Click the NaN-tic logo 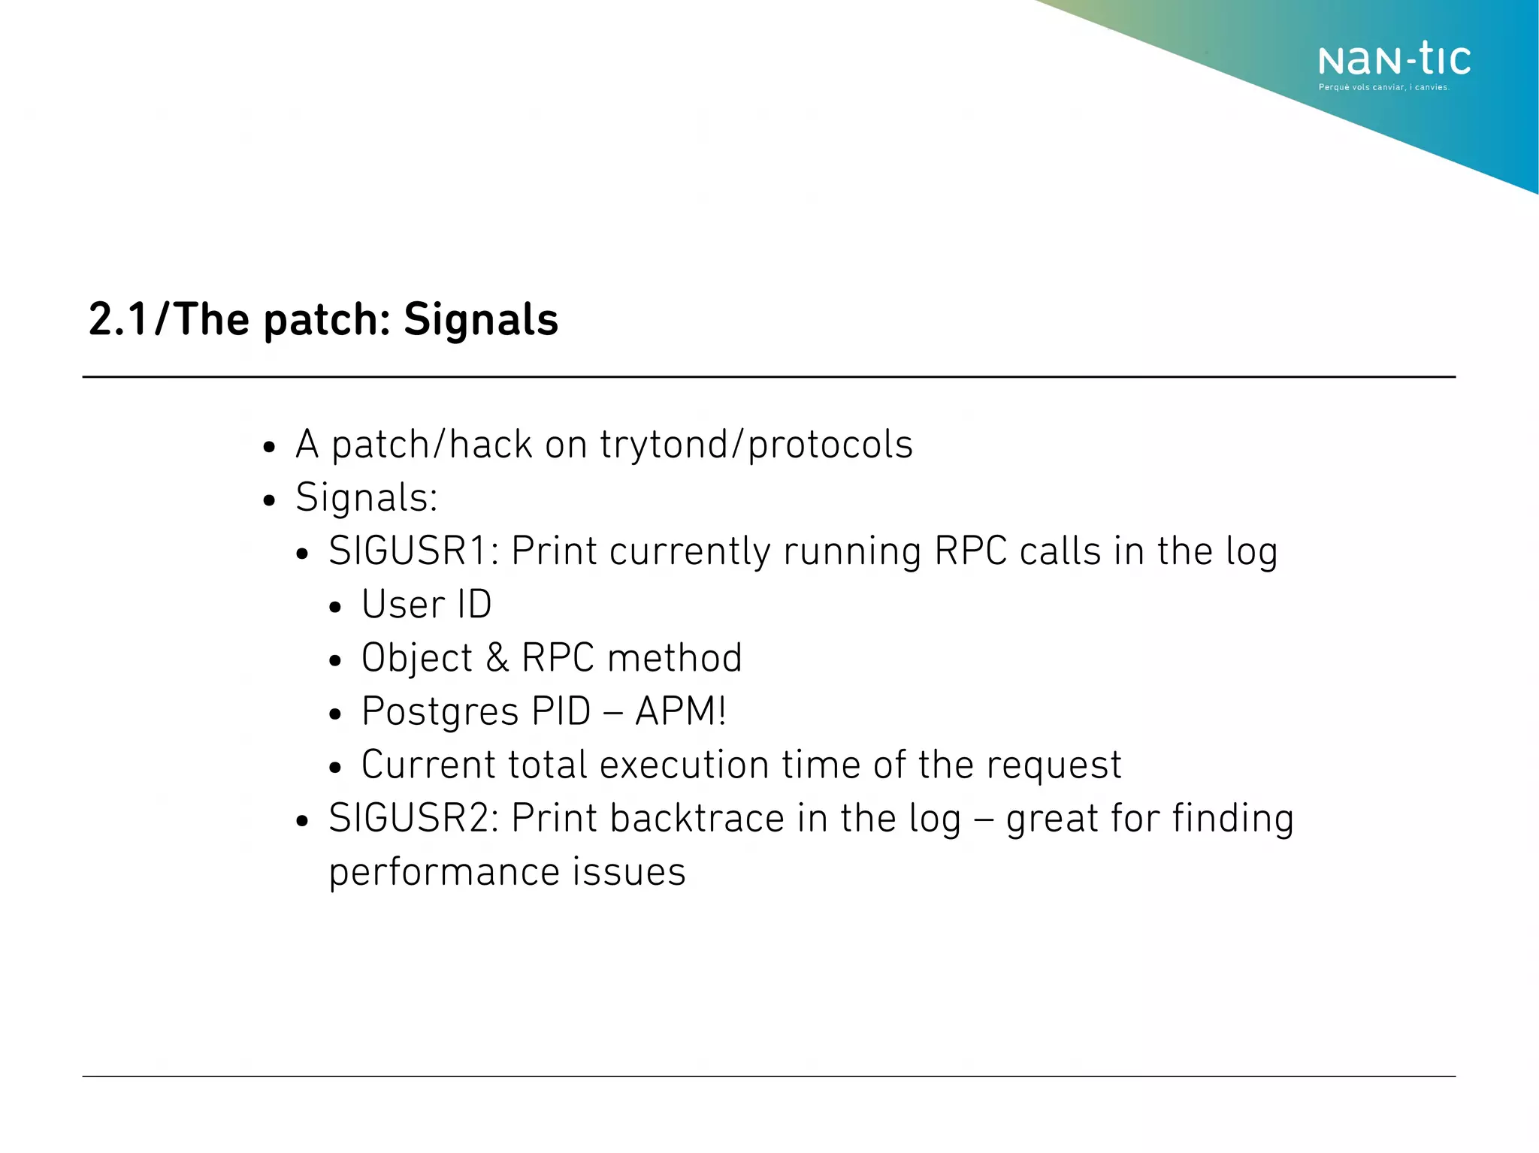[x=1394, y=59]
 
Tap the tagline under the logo [x=1383, y=88]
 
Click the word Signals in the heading [x=481, y=319]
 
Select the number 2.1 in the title [x=118, y=319]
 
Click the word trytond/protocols [x=756, y=444]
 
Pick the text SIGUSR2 [x=410, y=818]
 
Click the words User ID [x=426, y=604]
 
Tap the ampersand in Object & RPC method [x=497, y=658]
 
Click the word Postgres [x=440, y=711]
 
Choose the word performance [x=444, y=873]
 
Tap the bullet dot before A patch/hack [x=269, y=448]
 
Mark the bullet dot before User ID [x=335, y=608]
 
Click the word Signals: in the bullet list [x=367, y=497]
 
